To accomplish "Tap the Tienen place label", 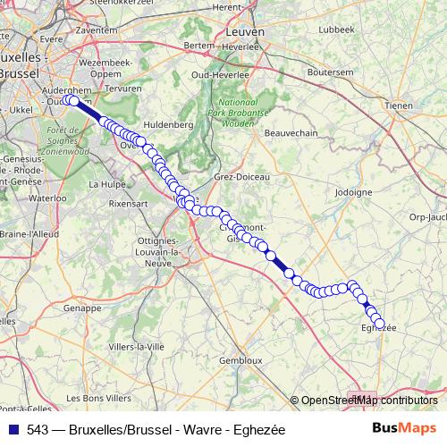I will point(398,105).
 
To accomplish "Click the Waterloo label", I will point(47,198).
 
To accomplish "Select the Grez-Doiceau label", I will point(241,177).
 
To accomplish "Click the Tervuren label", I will point(123,89).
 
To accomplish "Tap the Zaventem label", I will point(97,29).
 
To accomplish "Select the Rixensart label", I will point(128,204).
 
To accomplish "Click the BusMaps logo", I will point(405,429).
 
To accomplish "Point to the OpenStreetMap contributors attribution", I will point(368,401).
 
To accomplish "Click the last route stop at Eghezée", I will point(379,323).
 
